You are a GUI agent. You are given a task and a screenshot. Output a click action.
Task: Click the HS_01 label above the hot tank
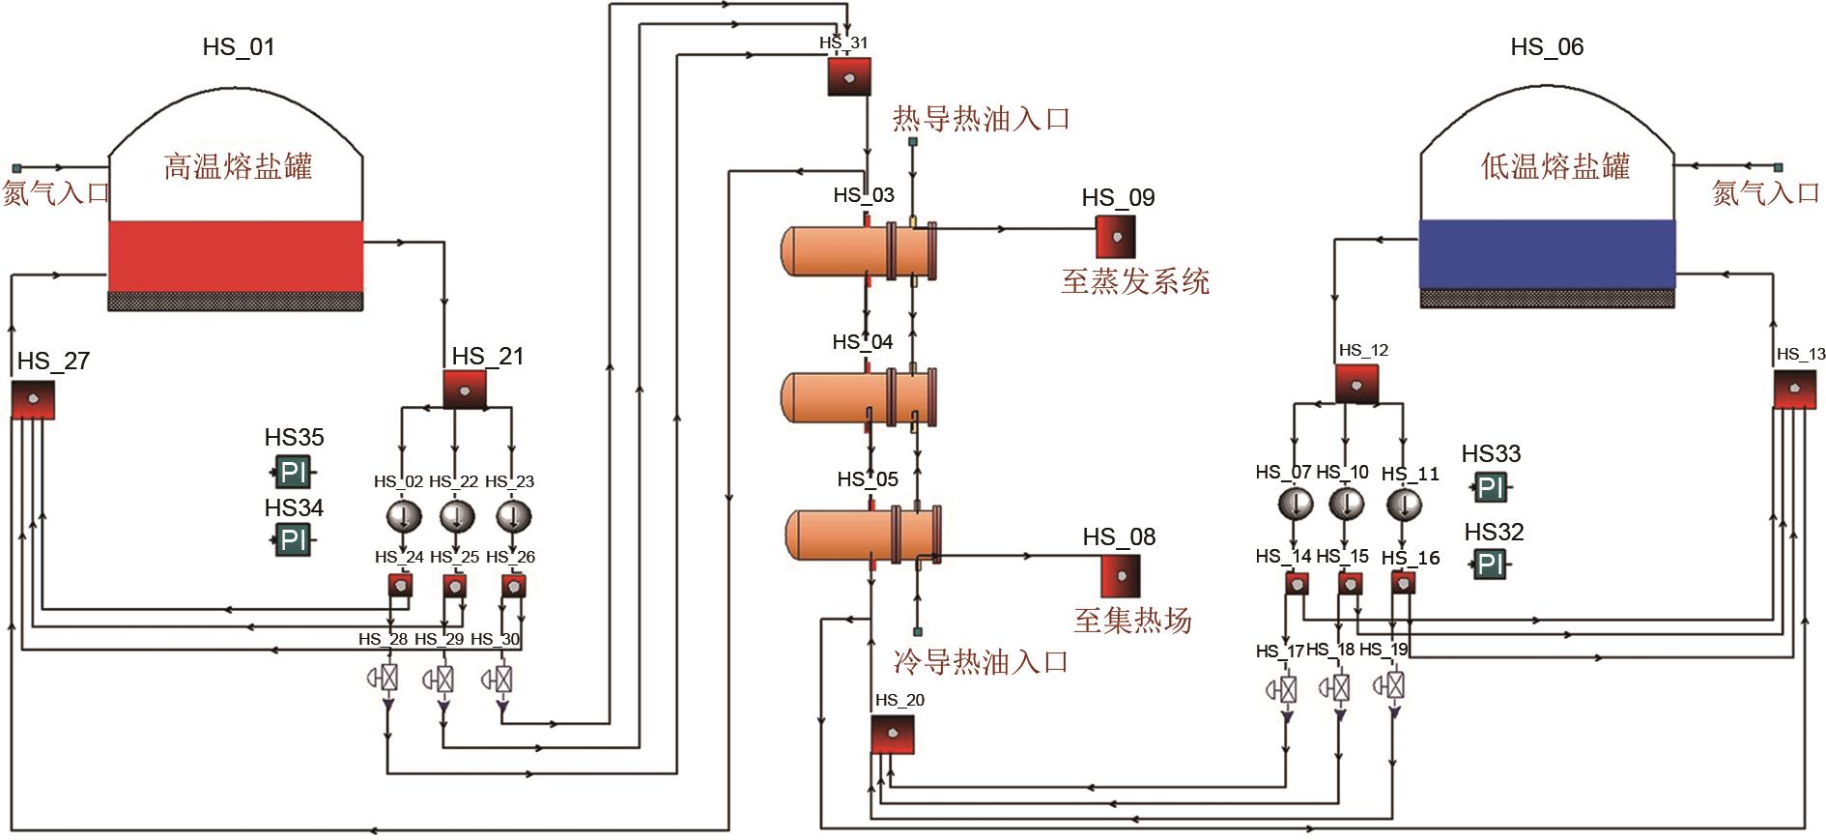(239, 46)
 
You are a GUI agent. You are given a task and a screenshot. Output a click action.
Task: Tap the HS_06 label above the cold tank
(1547, 46)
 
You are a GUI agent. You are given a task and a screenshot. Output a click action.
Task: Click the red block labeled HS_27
(33, 399)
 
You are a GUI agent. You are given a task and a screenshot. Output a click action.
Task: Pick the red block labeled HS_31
(849, 76)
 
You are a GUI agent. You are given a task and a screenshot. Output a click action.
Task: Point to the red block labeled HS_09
(1115, 235)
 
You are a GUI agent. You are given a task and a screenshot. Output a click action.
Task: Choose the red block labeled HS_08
(1121, 575)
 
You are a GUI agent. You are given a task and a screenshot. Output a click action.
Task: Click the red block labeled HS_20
(893, 735)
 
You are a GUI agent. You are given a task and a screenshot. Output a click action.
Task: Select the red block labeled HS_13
(1794, 389)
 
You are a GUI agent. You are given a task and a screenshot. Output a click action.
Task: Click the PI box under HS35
(292, 473)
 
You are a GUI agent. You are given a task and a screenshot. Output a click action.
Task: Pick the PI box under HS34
(292, 539)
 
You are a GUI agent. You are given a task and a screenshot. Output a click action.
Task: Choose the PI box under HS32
(1489, 564)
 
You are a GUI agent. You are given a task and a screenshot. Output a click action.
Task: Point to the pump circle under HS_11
(1404, 505)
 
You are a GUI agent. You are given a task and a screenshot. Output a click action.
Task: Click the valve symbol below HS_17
(1286, 690)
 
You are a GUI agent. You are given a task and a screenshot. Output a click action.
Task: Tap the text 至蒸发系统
(1134, 281)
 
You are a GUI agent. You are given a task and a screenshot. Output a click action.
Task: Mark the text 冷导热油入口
(981, 662)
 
